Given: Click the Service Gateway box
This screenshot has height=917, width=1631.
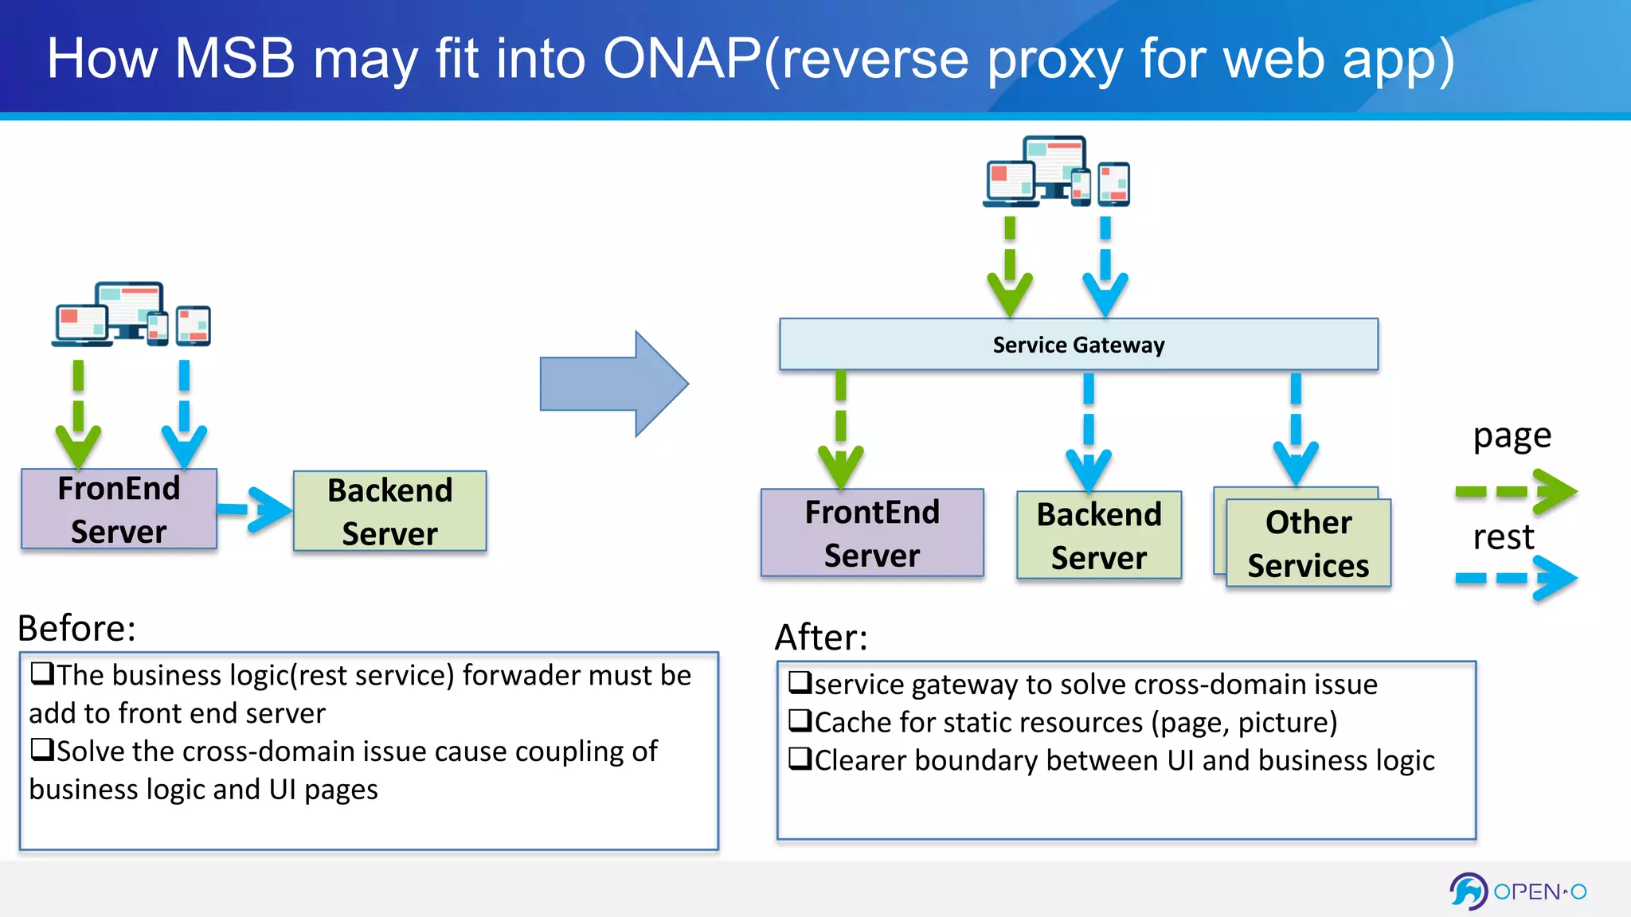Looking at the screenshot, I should tap(1078, 344).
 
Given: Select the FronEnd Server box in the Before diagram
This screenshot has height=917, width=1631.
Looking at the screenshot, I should tap(119, 509).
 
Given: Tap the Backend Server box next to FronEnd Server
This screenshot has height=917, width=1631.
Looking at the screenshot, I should tap(389, 511).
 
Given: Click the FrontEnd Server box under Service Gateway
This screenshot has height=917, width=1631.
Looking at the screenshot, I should tap(872, 533).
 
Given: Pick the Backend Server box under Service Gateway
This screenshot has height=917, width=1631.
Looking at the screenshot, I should tap(1098, 535).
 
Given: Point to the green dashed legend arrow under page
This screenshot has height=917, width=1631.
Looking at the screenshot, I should tap(1515, 491).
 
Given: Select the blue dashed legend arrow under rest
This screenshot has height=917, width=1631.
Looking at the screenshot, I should tap(1515, 578).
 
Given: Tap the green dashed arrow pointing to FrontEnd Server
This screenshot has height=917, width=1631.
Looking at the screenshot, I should tap(841, 430).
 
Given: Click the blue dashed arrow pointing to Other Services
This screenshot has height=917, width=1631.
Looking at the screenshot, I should tap(1296, 430).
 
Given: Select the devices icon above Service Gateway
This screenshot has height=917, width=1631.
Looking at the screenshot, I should tap(1056, 172).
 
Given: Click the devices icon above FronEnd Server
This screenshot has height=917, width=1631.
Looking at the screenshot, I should tap(132, 315).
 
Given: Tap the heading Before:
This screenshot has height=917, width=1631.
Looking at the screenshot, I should tap(76, 628).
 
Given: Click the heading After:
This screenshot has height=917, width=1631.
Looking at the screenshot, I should tap(821, 637).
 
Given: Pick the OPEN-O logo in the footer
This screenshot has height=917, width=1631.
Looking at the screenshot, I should tap(1518, 891).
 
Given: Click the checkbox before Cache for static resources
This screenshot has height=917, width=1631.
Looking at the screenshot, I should tap(800, 720).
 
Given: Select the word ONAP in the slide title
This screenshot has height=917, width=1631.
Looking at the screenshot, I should tap(682, 59).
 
